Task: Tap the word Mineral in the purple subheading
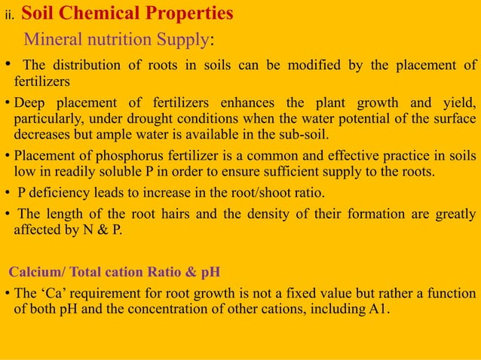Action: [51, 38]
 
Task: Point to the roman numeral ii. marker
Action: [11, 16]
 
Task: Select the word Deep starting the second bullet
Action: [30, 102]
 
